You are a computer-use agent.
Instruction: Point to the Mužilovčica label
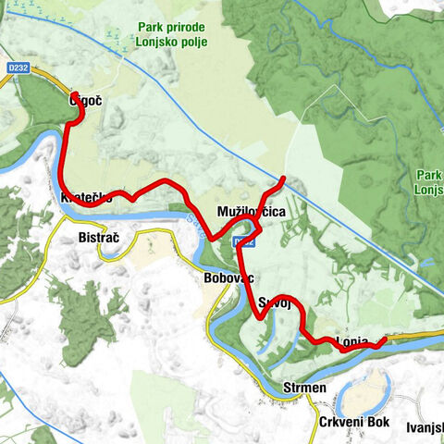[251, 213]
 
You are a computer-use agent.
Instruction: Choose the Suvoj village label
[275, 303]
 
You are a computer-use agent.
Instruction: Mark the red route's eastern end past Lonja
[383, 340]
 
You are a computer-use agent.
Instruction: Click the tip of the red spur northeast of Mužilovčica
[282, 178]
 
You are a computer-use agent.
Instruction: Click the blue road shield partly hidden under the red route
[243, 241]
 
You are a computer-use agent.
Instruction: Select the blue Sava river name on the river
[191, 221]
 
